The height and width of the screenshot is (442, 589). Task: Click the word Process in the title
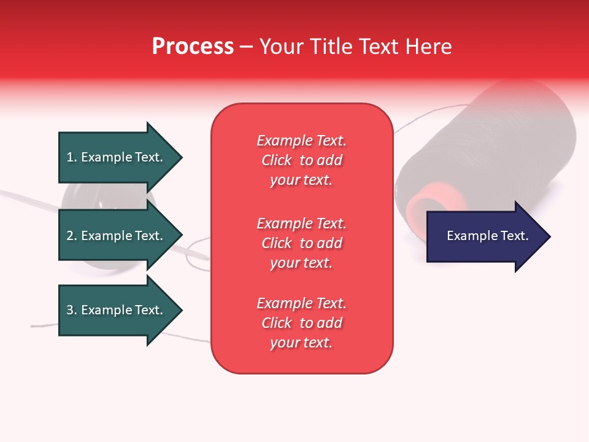[x=193, y=46]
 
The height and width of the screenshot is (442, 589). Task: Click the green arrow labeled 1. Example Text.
[x=121, y=158]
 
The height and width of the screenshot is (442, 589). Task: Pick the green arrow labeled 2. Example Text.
[x=121, y=235]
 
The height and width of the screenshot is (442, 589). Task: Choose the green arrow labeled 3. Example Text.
[x=121, y=310]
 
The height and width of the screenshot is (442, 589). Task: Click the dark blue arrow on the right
[x=489, y=236]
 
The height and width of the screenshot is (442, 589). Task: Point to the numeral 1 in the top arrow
[x=69, y=157]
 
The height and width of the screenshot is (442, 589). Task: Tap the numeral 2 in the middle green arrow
[x=70, y=236]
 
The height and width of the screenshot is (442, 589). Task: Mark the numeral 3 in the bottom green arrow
[x=70, y=310]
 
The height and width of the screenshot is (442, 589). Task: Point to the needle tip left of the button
[x=2, y=192]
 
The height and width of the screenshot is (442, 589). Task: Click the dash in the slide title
[x=247, y=48]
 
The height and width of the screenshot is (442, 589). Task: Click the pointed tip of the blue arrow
[x=551, y=236]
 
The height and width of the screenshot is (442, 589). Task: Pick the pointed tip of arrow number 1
[x=183, y=158]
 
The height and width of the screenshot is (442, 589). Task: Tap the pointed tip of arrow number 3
[x=183, y=310]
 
